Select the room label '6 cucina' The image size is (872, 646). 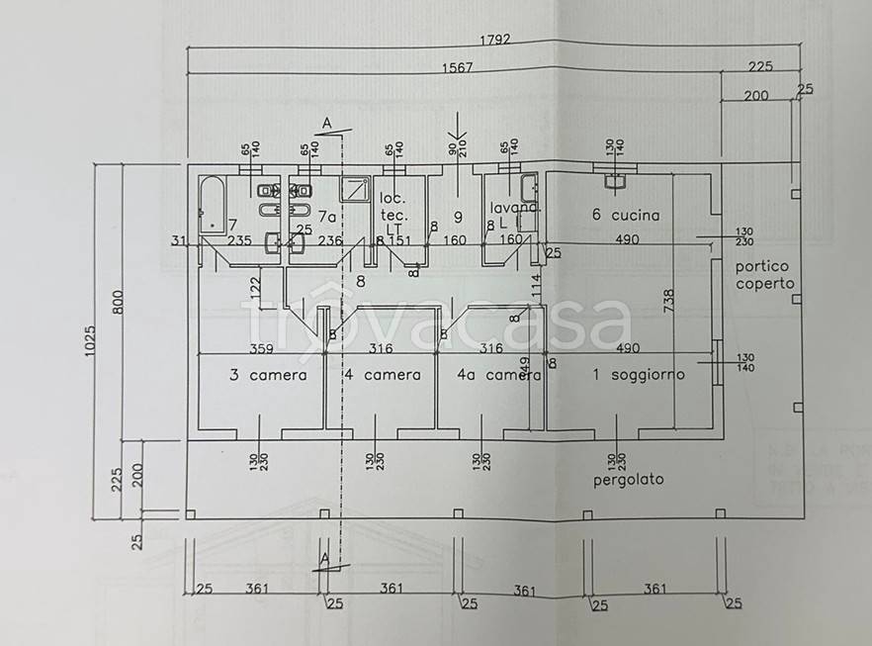(626, 215)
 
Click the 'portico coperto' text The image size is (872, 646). (764, 275)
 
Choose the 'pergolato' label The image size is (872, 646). (629, 480)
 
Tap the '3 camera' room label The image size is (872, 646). (268, 375)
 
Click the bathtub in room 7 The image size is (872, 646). (213, 205)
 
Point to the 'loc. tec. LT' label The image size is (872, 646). (394, 213)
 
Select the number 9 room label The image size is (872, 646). (458, 215)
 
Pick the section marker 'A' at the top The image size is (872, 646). (326, 124)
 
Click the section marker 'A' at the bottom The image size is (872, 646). (324, 559)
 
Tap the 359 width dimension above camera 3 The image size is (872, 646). (262, 348)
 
